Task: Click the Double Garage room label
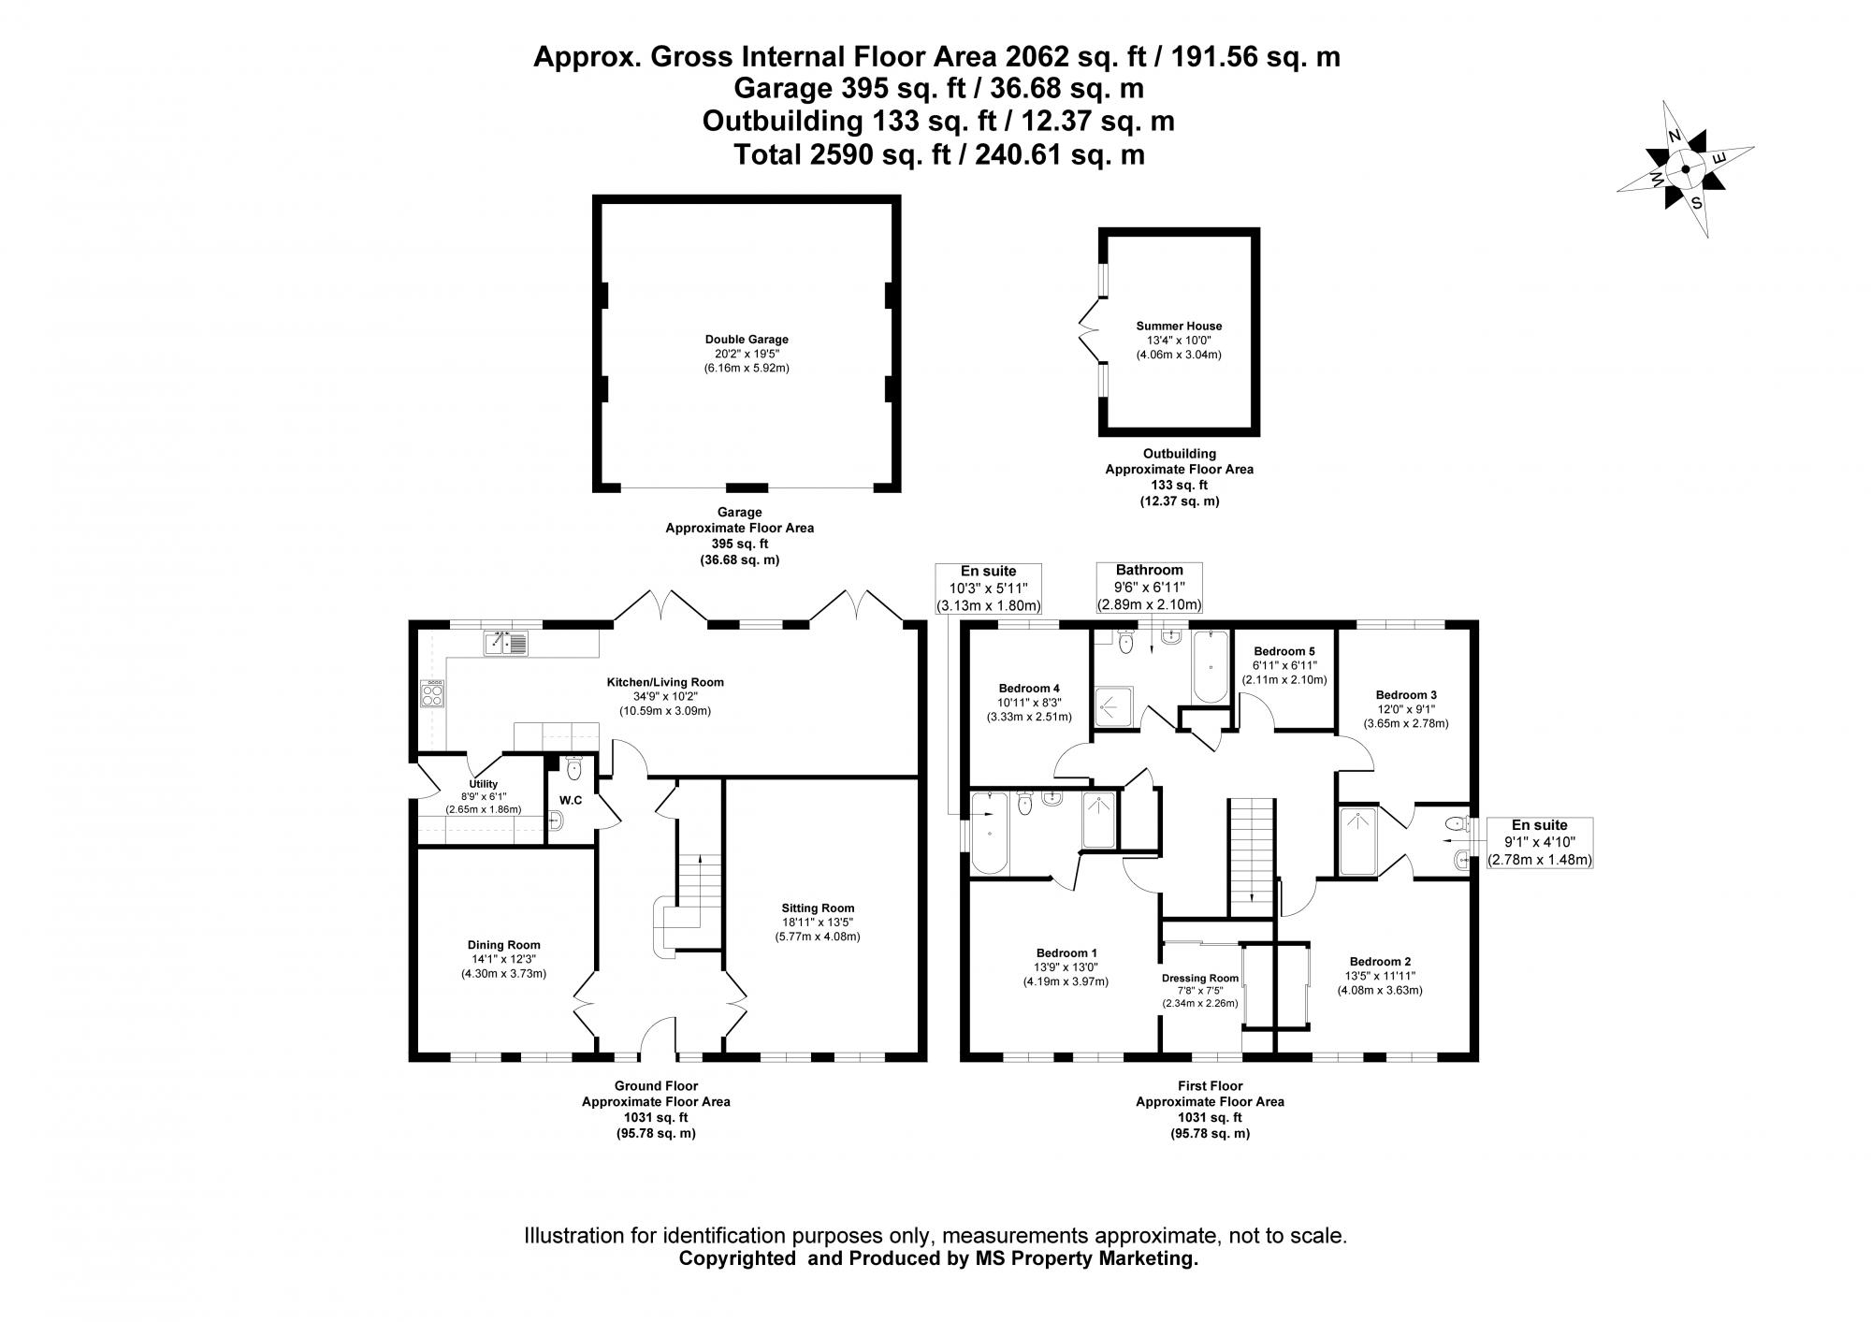(x=747, y=340)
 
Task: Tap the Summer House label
(x=1179, y=327)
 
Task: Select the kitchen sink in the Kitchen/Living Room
(x=506, y=642)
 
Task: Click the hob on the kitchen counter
(x=432, y=692)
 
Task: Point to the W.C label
(x=571, y=800)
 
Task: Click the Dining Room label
(x=503, y=945)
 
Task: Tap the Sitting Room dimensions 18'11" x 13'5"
(x=818, y=922)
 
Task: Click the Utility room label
(x=483, y=784)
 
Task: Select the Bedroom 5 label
(x=1284, y=651)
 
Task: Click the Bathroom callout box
(x=1149, y=587)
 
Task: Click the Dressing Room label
(x=1200, y=979)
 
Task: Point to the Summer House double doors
(x=1090, y=330)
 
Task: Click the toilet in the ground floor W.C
(x=574, y=769)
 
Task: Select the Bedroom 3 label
(x=1405, y=695)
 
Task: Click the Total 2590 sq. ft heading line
(x=938, y=154)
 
